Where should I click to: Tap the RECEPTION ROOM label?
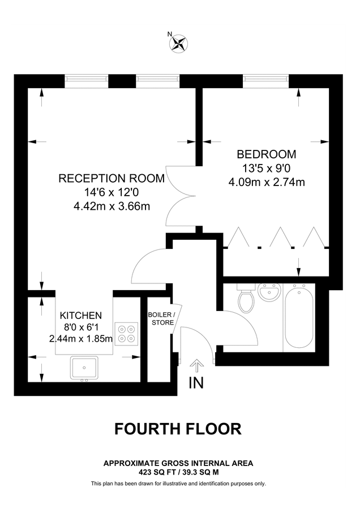click(x=112, y=179)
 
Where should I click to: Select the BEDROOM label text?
click(x=266, y=154)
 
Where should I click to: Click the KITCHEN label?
click(x=81, y=315)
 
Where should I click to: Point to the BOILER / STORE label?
click(x=162, y=318)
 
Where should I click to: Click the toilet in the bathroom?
click(x=246, y=300)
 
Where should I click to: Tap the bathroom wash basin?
click(x=269, y=292)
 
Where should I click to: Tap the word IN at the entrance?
click(x=196, y=383)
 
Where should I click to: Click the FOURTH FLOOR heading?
click(x=178, y=429)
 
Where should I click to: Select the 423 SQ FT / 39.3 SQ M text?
click(x=178, y=471)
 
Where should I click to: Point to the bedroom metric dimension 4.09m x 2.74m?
click(x=267, y=182)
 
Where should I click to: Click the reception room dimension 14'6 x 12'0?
click(x=112, y=193)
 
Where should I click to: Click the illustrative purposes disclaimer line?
click(x=178, y=483)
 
